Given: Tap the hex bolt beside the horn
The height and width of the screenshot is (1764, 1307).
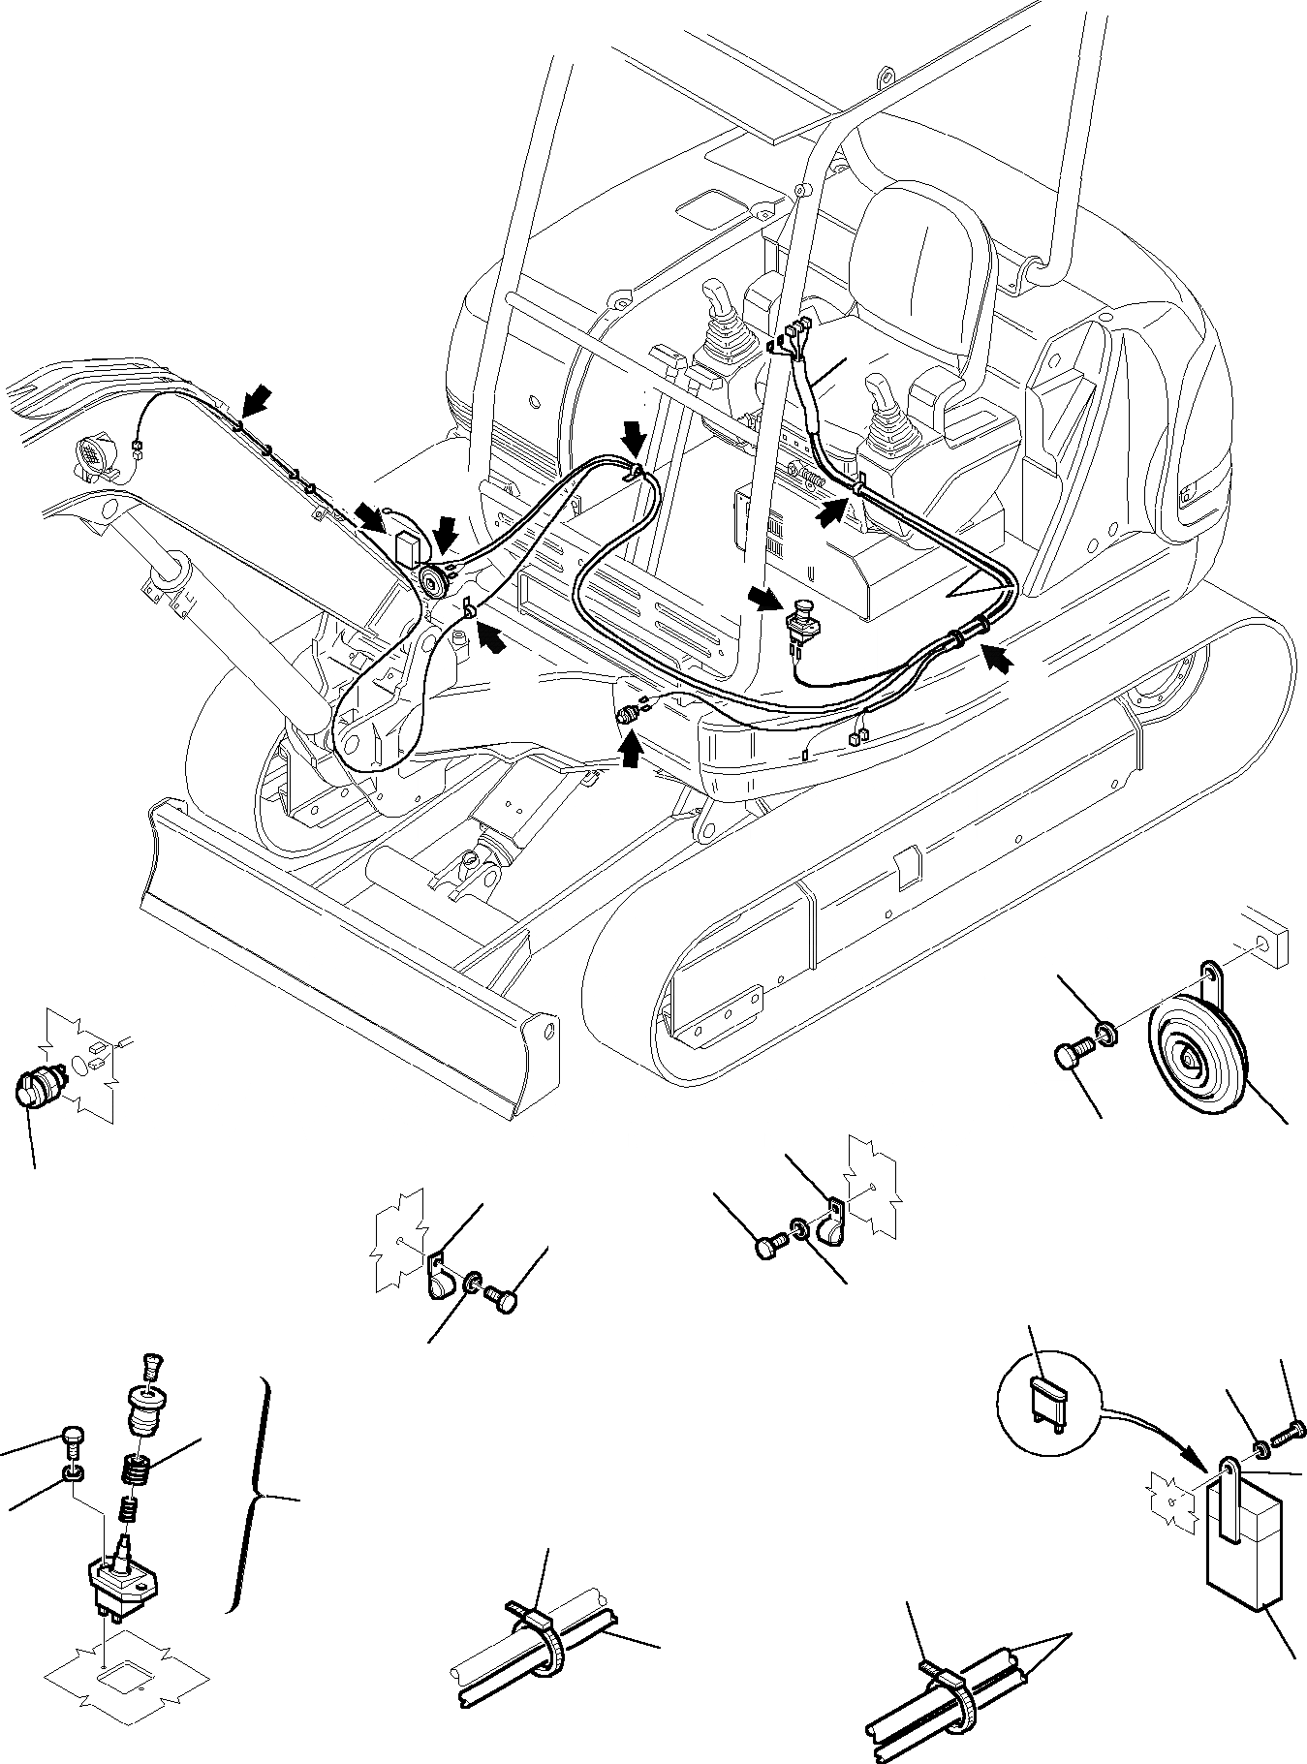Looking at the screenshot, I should [x=1069, y=1054].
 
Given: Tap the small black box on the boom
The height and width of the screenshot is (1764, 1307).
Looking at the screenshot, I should [x=406, y=546].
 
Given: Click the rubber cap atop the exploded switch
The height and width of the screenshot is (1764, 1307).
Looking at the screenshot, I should [x=144, y=1401].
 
